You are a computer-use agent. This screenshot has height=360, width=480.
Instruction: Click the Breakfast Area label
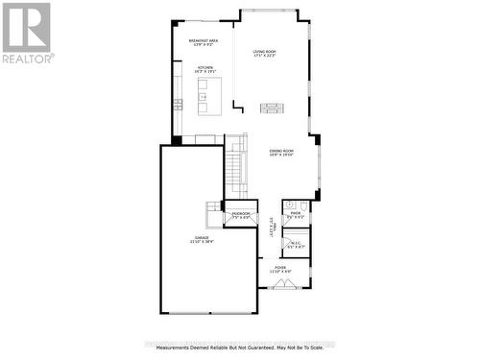[204, 39]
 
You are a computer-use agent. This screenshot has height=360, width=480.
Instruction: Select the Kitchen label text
[204, 69]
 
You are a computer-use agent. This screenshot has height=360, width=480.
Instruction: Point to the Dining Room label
[281, 151]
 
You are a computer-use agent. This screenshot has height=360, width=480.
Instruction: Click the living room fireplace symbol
[273, 107]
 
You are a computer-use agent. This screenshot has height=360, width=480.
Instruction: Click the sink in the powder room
[287, 205]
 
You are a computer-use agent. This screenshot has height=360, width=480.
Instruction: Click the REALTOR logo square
[26, 26]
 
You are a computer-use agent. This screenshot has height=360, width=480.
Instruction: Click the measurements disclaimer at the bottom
[240, 348]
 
